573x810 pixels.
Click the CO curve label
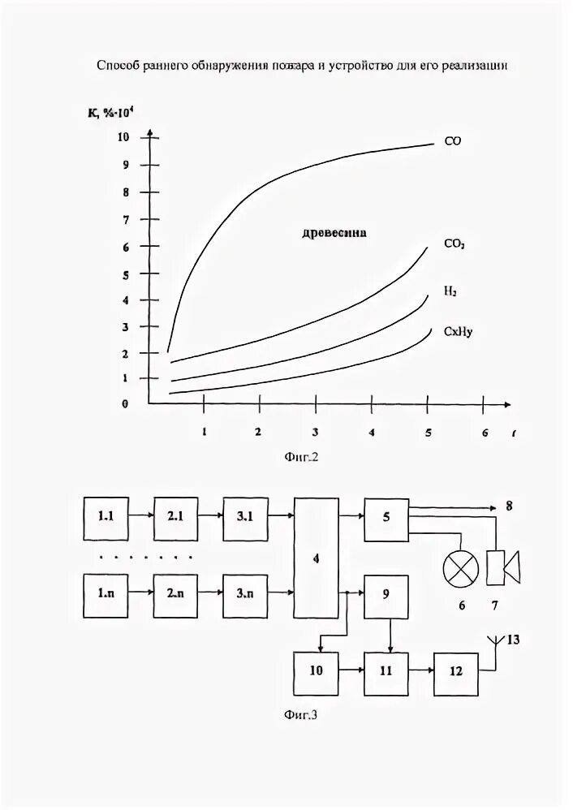(x=453, y=140)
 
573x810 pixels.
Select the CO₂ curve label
(x=454, y=243)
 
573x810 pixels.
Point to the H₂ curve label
(x=450, y=289)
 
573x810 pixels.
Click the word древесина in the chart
(x=334, y=232)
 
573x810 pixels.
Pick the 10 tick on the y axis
(x=123, y=136)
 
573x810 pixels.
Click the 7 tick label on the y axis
(x=125, y=220)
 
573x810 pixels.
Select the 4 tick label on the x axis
(x=372, y=432)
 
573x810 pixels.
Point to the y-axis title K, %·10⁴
(x=110, y=112)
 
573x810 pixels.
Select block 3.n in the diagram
(x=245, y=592)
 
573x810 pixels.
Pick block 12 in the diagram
(x=455, y=671)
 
